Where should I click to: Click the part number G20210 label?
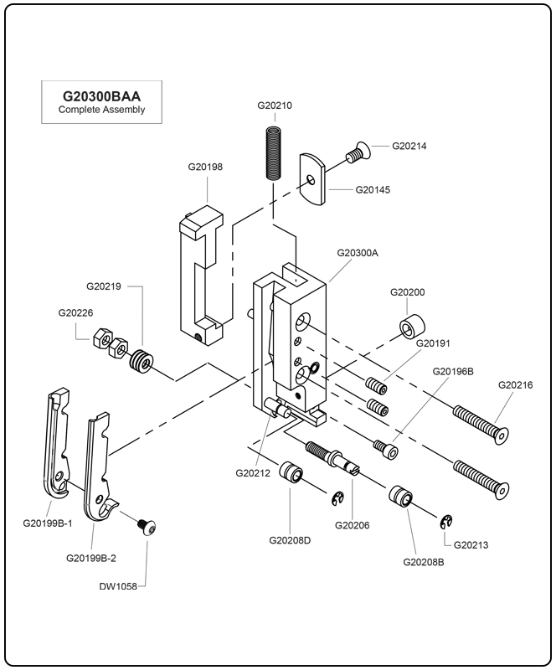(x=274, y=106)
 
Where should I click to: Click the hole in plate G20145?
(x=311, y=178)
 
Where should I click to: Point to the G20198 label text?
(x=205, y=167)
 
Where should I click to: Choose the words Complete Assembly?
(x=102, y=110)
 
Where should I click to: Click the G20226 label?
(x=75, y=312)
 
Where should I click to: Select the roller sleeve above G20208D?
(x=291, y=474)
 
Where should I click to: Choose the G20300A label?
(x=358, y=252)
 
